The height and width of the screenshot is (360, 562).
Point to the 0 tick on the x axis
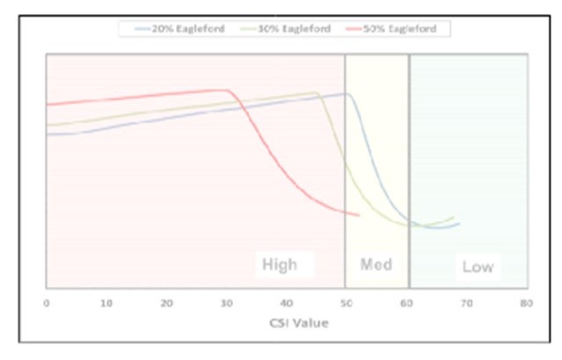[47, 302]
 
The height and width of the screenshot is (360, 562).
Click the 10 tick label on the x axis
[106, 302]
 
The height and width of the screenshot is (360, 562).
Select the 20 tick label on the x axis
[167, 302]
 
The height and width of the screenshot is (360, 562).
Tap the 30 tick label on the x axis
[227, 302]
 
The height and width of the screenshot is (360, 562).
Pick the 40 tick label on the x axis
[287, 302]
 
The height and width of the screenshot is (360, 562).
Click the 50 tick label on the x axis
[347, 302]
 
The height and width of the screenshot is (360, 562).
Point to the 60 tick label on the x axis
[406, 302]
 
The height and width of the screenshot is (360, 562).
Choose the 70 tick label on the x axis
[466, 302]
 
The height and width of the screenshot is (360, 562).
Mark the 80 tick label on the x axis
[526, 302]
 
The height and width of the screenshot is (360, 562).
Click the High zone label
[280, 264]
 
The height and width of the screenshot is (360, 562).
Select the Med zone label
[376, 264]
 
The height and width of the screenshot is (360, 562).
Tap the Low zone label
[478, 266]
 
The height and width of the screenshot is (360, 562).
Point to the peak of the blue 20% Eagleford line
[347, 93]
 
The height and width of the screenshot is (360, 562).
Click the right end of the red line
[359, 214]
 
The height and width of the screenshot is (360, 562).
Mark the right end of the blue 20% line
[459, 224]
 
